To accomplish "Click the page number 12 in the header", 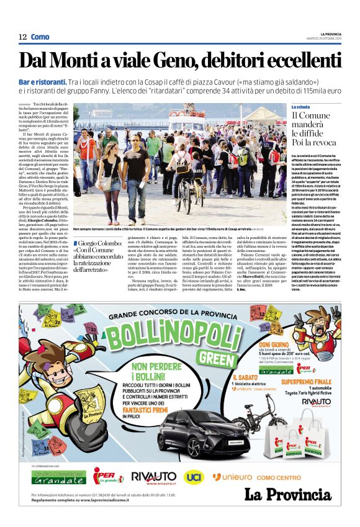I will (x=22, y=37).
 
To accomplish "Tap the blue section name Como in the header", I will (x=40, y=37).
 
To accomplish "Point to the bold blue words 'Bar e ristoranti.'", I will (x=60, y=82).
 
